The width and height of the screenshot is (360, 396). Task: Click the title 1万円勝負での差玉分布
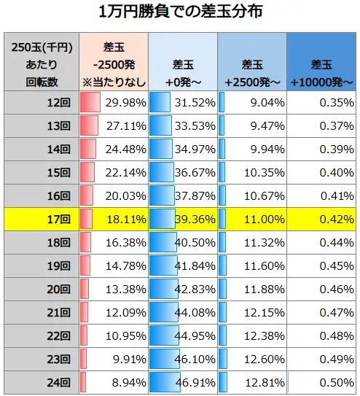(x=180, y=12)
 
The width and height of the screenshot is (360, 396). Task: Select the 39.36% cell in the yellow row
(x=195, y=219)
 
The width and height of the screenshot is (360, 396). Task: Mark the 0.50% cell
(x=336, y=381)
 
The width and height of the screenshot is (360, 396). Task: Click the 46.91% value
(x=195, y=381)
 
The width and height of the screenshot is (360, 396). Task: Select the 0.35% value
(x=336, y=103)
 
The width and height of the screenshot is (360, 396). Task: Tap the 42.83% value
(x=195, y=289)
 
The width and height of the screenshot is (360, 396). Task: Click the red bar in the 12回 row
(x=89, y=103)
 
